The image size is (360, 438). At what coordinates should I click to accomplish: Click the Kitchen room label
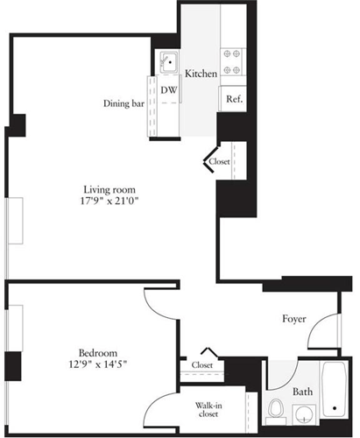click(201, 74)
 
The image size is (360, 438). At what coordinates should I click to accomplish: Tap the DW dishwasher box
click(168, 89)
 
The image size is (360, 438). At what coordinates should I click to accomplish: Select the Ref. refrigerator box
click(234, 99)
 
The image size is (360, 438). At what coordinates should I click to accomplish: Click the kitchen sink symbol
click(167, 63)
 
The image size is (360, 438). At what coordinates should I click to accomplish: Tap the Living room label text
click(109, 189)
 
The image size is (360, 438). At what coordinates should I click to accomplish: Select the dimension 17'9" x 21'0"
click(109, 202)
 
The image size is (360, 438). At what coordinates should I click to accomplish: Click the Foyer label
click(294, 319)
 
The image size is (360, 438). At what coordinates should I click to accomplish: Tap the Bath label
click(303, 392)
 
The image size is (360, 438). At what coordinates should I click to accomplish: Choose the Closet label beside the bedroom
click(202, 364)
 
